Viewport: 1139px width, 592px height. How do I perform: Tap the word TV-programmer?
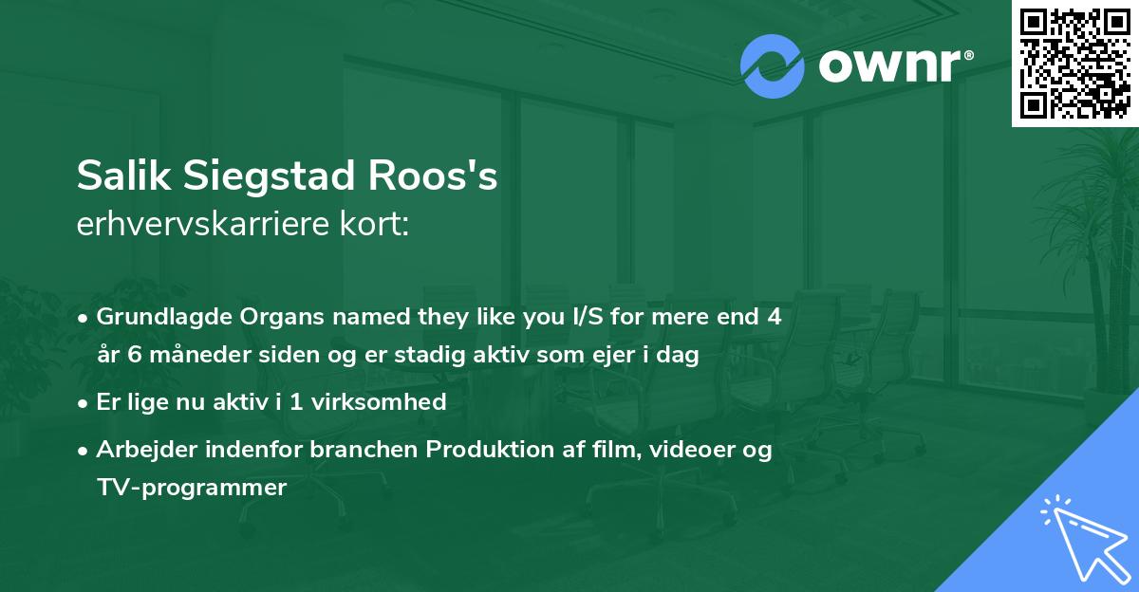(x=191, y=488)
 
